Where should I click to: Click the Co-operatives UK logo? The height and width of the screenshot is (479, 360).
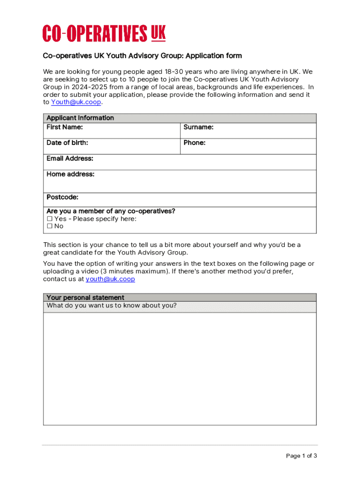click(104, 33)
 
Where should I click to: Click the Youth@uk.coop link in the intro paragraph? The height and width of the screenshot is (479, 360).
click(76, 102)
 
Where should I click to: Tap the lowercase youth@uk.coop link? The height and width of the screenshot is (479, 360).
click(110, 279)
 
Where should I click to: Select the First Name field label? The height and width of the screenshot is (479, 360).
click(65, 127)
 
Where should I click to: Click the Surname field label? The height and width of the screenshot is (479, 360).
click(198, 127)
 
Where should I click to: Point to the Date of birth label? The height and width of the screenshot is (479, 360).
click(67, 143)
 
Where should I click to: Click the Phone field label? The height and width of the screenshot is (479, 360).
click(194, 143)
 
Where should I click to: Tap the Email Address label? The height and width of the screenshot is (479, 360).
click(70, 159)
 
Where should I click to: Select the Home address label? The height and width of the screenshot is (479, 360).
click(70, 174)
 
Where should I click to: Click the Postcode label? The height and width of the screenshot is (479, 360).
click(62, 197)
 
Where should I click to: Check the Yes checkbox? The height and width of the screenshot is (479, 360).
click(50, 219)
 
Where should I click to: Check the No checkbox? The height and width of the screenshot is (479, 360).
click(50, 226)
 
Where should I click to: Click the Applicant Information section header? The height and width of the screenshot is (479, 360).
click(80, 118)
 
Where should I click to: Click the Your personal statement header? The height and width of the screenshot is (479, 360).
click(85, 298)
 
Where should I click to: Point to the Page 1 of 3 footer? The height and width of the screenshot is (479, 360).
click(302, 456)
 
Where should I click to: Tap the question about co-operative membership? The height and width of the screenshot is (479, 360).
click(111, 211)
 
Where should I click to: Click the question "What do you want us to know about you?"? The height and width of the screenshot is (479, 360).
click(112, 306)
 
